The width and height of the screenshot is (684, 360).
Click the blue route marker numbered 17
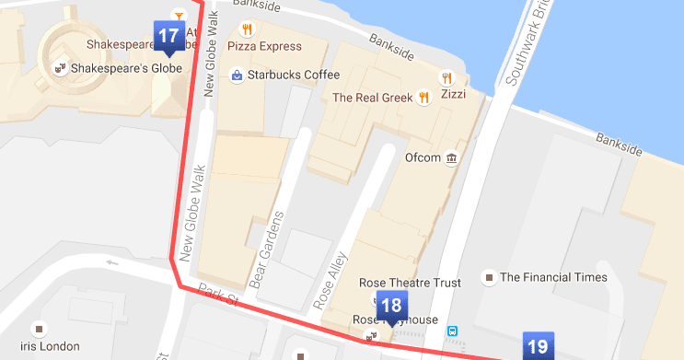168,37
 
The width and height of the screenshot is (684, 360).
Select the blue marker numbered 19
537,346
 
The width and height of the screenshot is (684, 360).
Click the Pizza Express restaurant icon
245,29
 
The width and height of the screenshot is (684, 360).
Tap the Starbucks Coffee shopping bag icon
238,75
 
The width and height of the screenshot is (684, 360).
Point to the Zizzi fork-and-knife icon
447,77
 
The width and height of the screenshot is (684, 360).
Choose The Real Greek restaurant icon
423,97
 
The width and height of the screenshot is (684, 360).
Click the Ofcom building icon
451,157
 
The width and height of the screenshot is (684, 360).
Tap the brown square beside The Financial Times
490,276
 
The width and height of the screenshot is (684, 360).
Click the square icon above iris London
39,327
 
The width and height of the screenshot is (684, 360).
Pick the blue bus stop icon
453,330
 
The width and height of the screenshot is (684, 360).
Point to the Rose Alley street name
329,278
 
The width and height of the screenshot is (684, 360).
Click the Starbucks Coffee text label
296,75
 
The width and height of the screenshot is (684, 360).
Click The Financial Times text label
553,276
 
